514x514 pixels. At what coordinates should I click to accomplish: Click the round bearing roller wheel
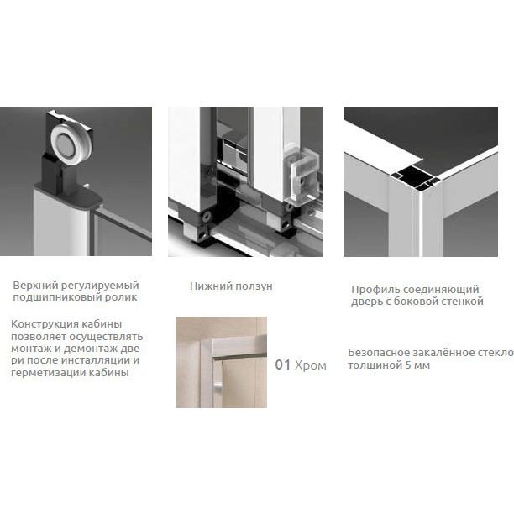pyautogui.click(x=67, y=145)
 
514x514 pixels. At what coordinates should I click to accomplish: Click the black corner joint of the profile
pyautogui.click(x=414, y=178)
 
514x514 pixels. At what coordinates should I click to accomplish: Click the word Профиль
pyautogui.click(x=375, y=290)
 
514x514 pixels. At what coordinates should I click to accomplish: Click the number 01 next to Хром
pyautogui.click(x=282, y=365)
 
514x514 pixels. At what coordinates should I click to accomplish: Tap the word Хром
pyautogui.click(x=311, y=365)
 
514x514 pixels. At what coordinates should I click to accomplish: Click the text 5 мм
pyautogui.click(x=417, y=365)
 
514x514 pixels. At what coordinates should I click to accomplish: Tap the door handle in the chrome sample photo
pyautogui.click(x=218, y=389)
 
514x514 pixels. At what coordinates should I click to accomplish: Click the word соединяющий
pyautogui.click(x=441, y=290)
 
